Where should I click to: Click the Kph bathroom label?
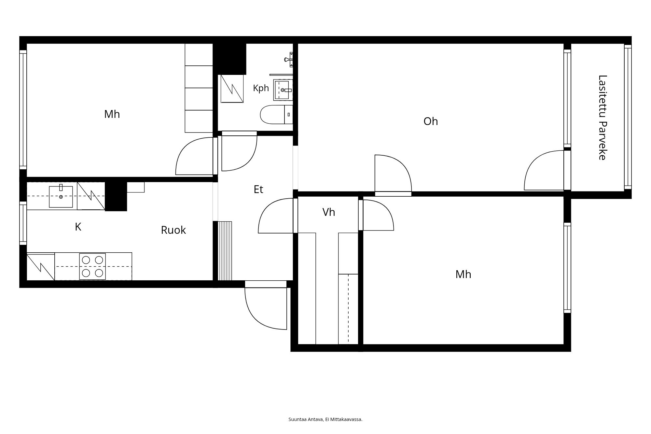pos(261,89)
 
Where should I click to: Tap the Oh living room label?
pos(431,121)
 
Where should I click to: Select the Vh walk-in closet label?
pos(329,212)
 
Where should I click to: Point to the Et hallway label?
pos(258,189)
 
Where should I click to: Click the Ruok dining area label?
pos(173,230)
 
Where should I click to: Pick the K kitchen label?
pos(78,227)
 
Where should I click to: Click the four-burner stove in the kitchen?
pos(92,266)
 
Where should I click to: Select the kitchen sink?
pos(61,196)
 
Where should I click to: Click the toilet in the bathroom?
pos(277,115)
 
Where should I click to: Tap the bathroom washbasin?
pos(283,90)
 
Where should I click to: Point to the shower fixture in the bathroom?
pos(289,60)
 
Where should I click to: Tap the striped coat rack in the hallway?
pos(225,251)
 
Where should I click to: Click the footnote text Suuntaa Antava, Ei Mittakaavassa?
pos(325,419)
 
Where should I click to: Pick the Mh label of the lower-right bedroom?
pos(463,274)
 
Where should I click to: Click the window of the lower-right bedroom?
pos(567,268)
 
